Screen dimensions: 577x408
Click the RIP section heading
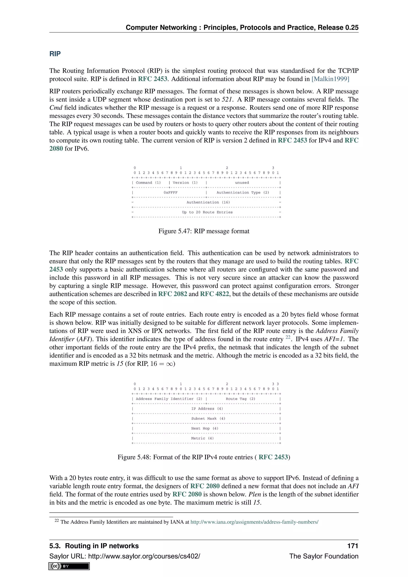tap(55, 54)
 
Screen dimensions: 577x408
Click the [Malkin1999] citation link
tap(330, 79)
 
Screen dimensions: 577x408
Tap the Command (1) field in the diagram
tap(148, 183)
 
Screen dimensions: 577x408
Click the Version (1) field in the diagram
tap(185, 183)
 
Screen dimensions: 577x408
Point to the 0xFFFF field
tap(170, 192)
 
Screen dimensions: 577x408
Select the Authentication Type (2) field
tap(243, 192)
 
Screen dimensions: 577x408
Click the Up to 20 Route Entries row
tap(207, 212)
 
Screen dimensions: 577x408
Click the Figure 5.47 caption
tap(204, 231)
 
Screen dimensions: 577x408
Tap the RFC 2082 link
tap(173, 294)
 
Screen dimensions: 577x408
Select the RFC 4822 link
tap(215, 294)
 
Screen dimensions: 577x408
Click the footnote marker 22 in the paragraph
tap(288, 337)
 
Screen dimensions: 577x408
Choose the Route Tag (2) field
tap(240, 399)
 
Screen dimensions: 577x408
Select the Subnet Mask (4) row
tap(208, 418)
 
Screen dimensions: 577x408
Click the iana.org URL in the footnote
tap(254, 522)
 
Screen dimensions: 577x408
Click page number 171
tap(352, 546)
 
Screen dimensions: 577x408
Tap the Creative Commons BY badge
tap(69, 566)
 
